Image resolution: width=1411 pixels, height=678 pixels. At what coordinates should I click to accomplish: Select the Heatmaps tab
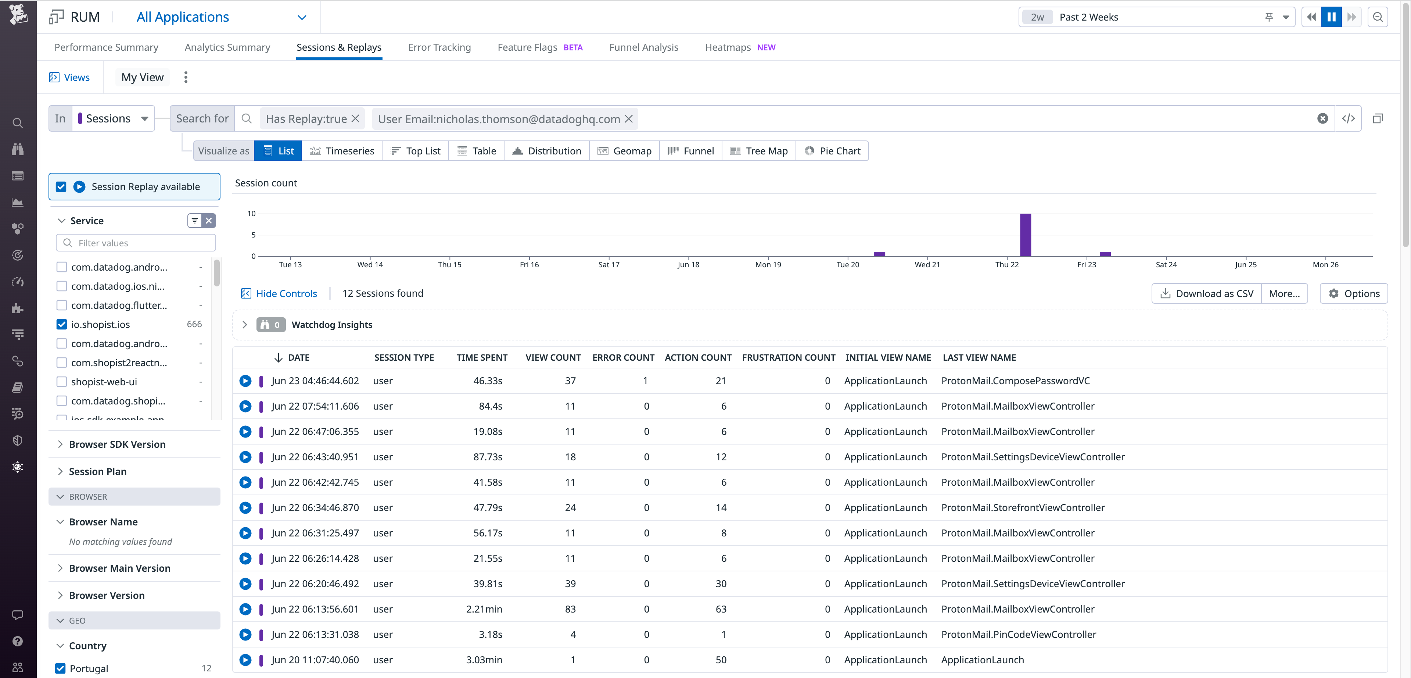pyautogui.click(x=728, y=47)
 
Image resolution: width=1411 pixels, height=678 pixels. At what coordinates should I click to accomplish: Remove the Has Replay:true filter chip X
pyautogui.click(x=355, y=118)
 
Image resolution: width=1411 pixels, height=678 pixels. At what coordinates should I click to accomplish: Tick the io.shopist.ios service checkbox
pyautogui.click(x=62, y=324)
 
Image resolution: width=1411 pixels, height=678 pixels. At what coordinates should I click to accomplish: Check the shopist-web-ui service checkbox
pyautogui.click(x=62, y=382)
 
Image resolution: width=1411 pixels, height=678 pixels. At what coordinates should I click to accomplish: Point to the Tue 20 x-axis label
pyautogui.click(x=847, y=265)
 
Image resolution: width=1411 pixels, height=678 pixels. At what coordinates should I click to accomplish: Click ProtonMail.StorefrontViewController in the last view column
pyautogui.click(x=1023, y=507)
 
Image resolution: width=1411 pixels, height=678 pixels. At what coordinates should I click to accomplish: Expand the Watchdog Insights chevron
pyautogui.click(x=245, y=324)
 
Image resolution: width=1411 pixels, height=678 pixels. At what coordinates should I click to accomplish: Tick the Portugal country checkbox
pyautogui.click(x=61, y=668)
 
